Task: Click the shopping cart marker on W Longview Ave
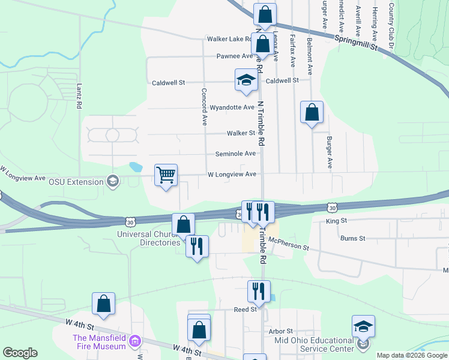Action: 166,175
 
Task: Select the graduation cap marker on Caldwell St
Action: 246,80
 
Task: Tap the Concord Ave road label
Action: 204,107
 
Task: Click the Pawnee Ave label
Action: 235,56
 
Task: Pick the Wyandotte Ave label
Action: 232,107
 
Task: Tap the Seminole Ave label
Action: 237,154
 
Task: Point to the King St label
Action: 336,221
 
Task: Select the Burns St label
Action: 352,238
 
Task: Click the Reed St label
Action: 246,310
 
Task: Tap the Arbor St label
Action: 280,331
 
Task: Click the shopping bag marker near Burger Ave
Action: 312,112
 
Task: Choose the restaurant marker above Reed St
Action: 259,292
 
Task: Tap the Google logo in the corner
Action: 20,353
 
